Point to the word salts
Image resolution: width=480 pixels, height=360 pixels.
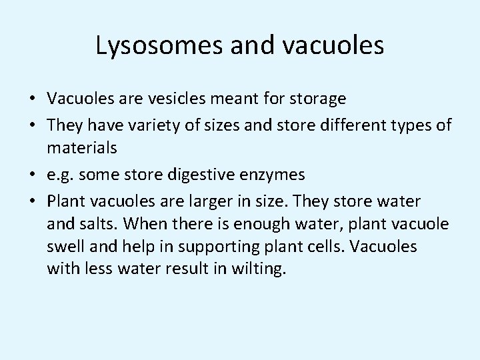[97, 225]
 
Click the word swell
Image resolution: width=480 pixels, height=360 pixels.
[65, 247]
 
